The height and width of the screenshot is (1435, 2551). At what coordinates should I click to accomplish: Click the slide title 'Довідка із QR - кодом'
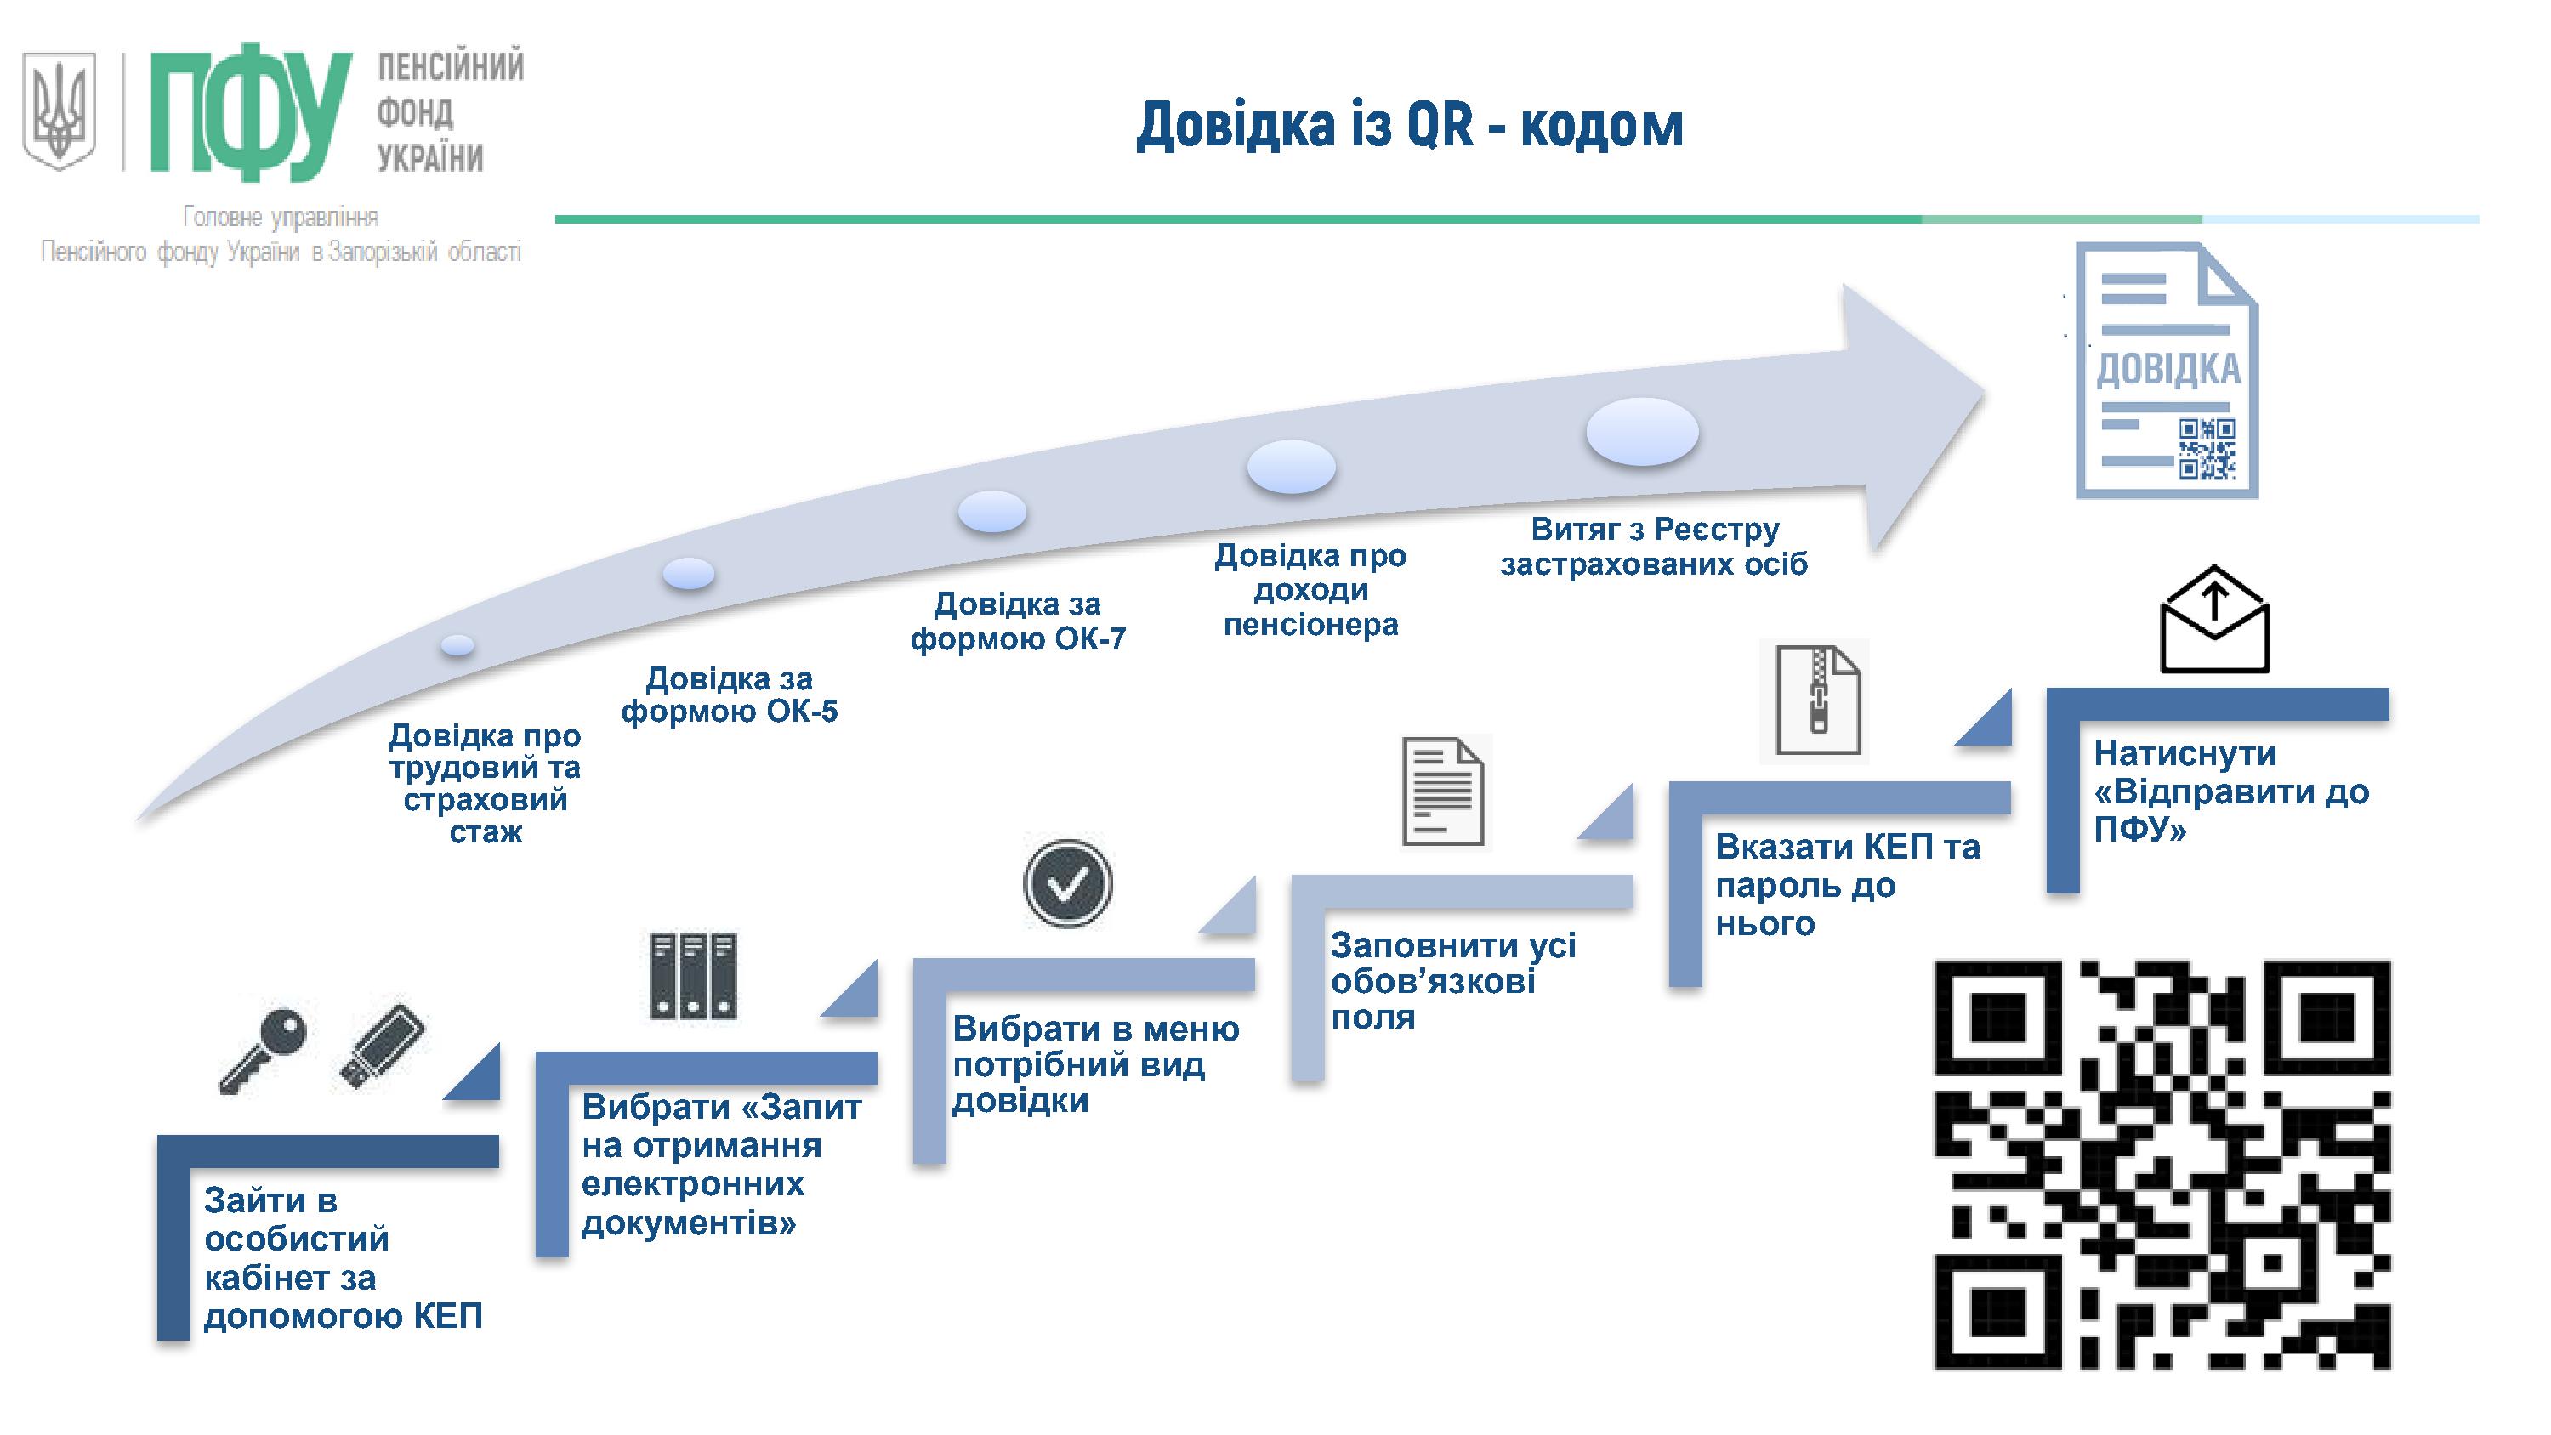point(1409,127)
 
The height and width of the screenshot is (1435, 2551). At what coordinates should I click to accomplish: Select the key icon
point(263,1049)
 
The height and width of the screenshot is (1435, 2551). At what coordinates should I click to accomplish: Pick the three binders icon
point(693,974)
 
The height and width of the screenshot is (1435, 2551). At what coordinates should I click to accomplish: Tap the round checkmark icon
point(1067,883)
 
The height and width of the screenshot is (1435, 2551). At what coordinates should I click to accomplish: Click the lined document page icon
point(1444,791)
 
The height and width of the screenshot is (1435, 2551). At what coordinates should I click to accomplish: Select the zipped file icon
point(1817,700)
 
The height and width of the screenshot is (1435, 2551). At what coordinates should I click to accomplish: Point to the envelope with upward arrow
point(2214,621)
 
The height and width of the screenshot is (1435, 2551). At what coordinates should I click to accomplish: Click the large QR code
point(2162,1165)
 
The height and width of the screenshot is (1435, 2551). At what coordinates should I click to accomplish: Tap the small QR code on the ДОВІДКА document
point(2207,449)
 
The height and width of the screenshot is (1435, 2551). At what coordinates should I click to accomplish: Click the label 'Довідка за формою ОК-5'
point(730,695)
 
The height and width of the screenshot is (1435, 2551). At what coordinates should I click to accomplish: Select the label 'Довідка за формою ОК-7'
point(1018,621)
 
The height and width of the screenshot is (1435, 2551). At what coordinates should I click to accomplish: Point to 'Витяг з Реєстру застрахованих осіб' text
point(1654,547)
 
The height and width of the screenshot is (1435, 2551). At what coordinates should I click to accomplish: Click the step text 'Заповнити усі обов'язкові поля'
point(1452,980)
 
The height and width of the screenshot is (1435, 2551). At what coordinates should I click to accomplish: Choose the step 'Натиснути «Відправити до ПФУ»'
point(2230,791)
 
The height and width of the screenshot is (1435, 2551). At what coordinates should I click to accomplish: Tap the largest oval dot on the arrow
point(1642,432)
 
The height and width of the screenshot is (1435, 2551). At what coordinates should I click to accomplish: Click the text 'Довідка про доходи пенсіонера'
point(1310,590)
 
